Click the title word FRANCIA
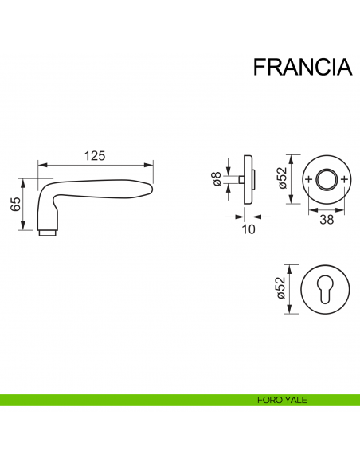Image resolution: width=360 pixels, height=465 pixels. point(302,67)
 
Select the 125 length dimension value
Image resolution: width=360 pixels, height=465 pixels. point(95,156)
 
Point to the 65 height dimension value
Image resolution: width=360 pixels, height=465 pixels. point(15,204)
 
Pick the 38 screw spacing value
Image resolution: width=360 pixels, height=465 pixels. point(327,220)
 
